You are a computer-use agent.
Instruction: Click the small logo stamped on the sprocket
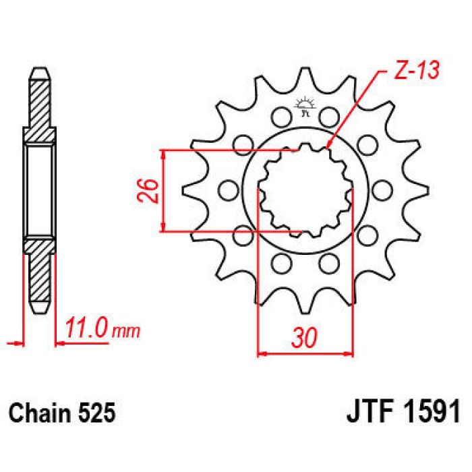coord(305,107)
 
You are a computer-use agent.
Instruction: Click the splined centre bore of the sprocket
coord(305,191)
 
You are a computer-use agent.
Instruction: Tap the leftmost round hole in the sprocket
coord(227,189)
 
